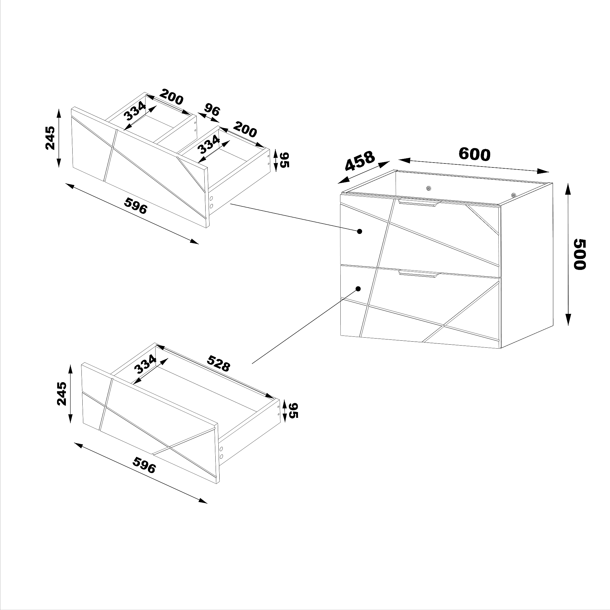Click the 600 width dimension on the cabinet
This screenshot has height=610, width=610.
click(x=474, y=154)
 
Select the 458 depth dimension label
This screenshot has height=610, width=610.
click(x=360, y=161)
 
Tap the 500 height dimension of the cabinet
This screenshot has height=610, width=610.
click(x=579, y=254)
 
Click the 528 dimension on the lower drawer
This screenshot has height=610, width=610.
click(x=218, y=363)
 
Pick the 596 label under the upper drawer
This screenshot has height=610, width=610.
click(x=136, y=206)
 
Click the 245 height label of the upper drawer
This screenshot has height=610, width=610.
click(x=50, y=138)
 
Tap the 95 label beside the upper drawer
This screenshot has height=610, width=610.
click(x=285, y=160)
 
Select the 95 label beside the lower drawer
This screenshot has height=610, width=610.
click(x=293, y=411)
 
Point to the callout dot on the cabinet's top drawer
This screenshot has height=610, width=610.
click(x=359, y=231)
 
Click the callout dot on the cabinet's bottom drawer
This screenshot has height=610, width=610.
click(x=358, y=289)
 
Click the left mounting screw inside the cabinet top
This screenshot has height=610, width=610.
click(x=428, y=188)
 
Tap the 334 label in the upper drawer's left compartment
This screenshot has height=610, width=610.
click(x=135, y=111)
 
